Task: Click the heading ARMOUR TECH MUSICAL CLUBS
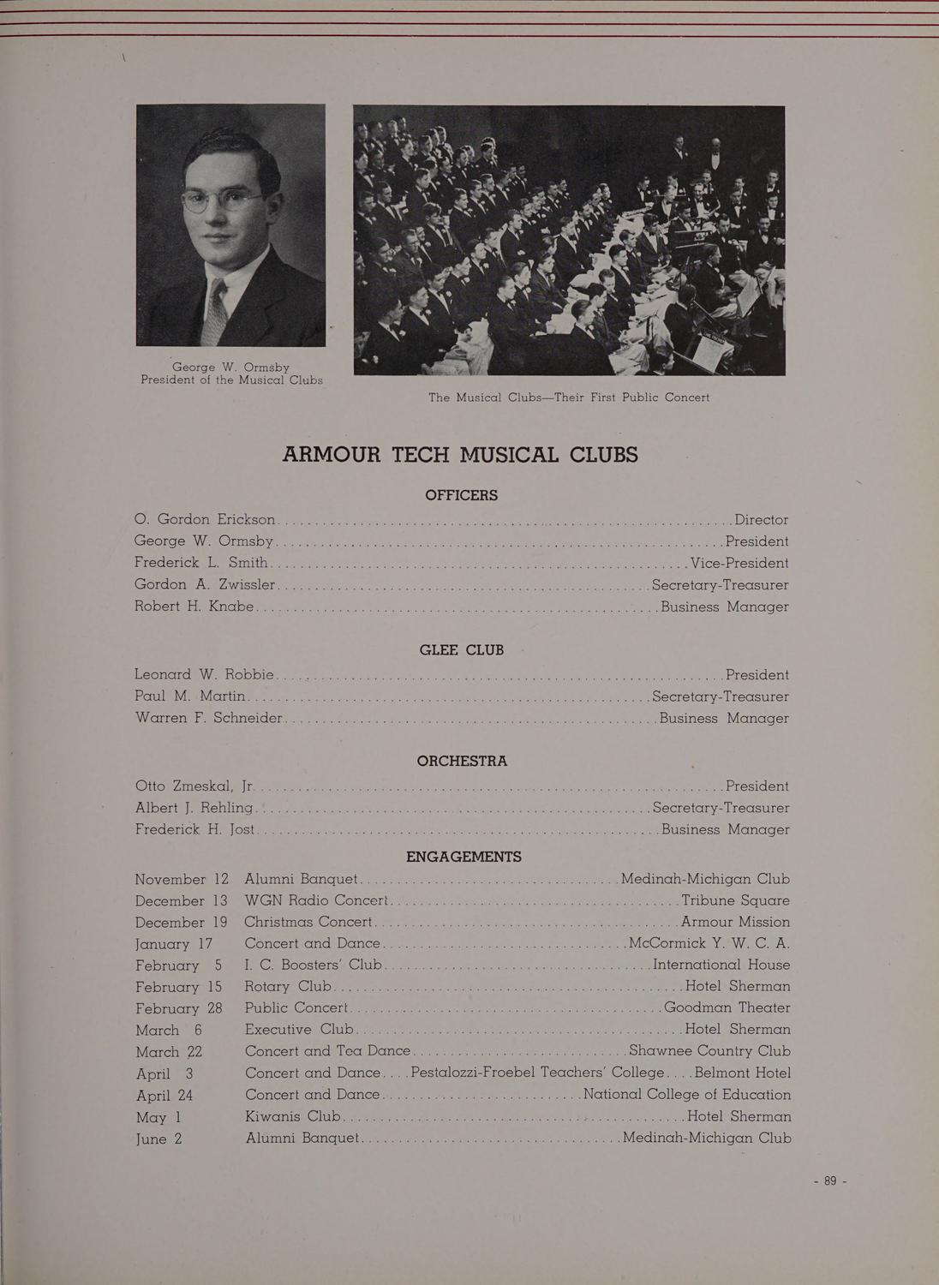pyautogui.click(x=460, y=454)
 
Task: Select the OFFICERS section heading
pyautogui.click(x=461, y=495)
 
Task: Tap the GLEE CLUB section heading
pyautogui.click(x=461, y=650)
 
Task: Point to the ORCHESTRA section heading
pyautogui.click(x=462, y=761)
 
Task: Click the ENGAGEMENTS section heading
pyautogui.click(x=464, y=857)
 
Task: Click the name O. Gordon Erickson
pyautogui.click(x=205, y=519)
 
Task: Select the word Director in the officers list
pyautogui.click(x=761, y=519)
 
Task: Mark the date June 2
pyautogui.click(x=158, y=1139)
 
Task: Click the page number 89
pyautogui.click(x=829, y=1180)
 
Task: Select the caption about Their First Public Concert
pyautogui.click(x=569, y=397)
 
